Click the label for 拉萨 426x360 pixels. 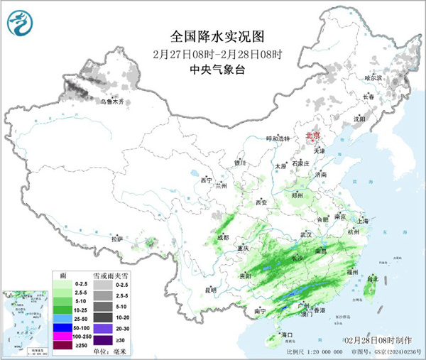pyautogui.click(x=118, y=239)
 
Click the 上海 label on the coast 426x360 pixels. pyautogui.click(x=363, y=221)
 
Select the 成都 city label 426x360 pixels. pyautogui.click(x=222, y=237)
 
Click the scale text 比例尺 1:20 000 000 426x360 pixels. pyautogui.click(x=315, y=352)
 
